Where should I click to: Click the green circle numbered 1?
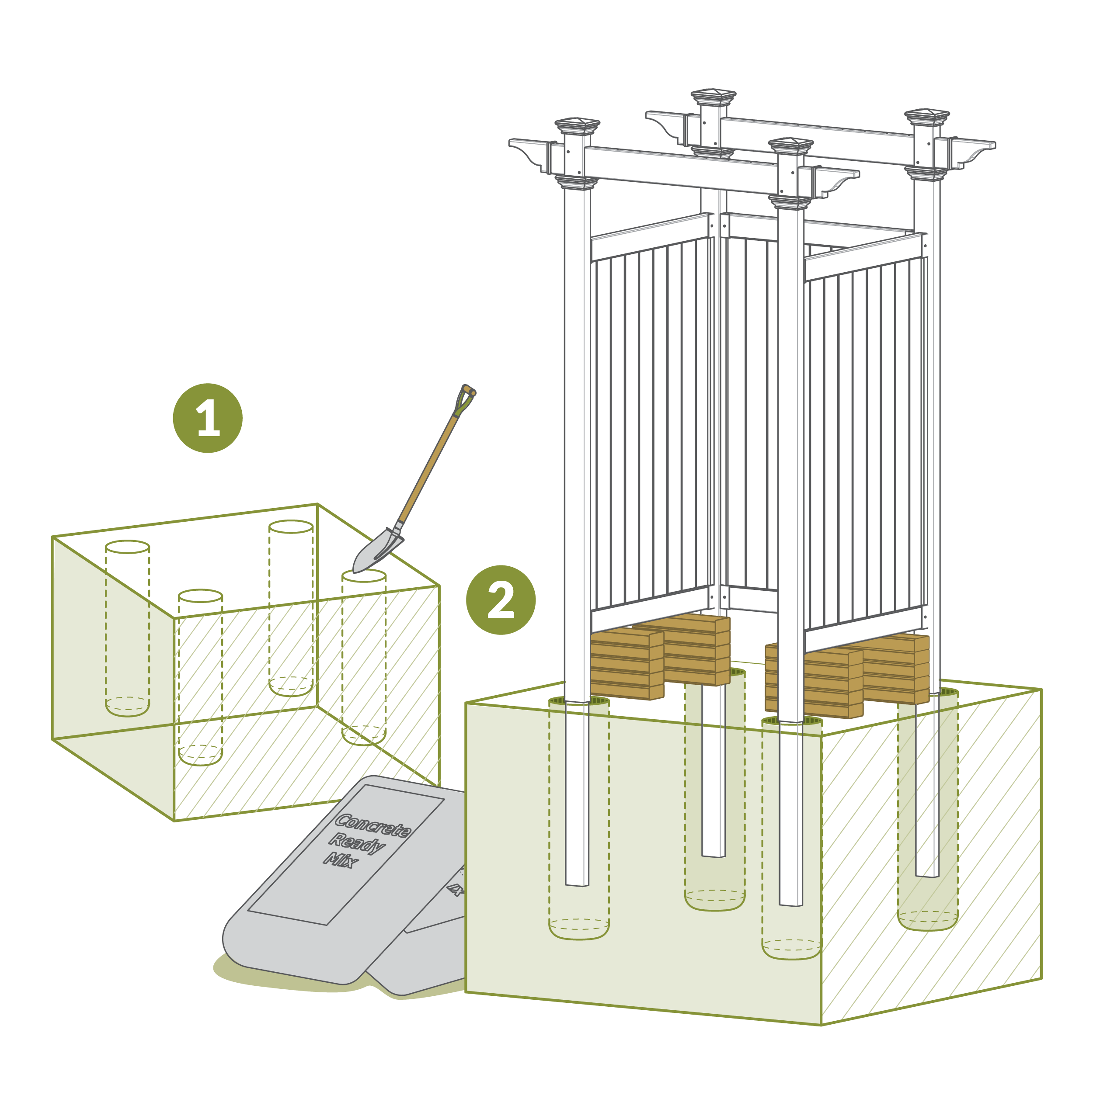pyautogui.click(x=208, y=418)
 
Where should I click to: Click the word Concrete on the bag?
pyautogui.click(x=372, y=826)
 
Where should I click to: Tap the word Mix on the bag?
pyautogui.click(x=341, y=860)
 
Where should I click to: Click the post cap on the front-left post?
pyautogui.click(x=577, y=126)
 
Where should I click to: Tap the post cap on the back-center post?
pyautogui.click(x=714, y=97)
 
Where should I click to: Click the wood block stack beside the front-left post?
pyautogui.click(x=627, y=665)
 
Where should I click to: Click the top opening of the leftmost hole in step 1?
pyautogui.click(x=127, y=547)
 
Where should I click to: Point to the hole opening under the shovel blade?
pyautogui.click(x=364, y=575)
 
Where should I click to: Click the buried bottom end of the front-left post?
pyautogui.click(x=578, y=884)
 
